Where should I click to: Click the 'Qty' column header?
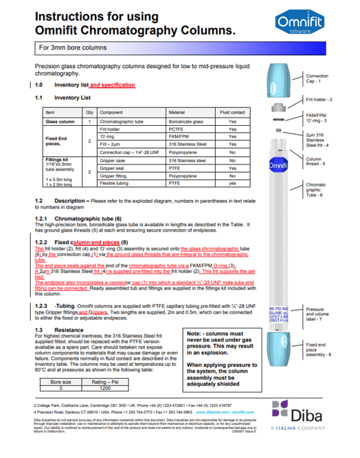89,112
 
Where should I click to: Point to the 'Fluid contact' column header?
232,112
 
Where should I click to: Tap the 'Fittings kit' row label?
58,160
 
